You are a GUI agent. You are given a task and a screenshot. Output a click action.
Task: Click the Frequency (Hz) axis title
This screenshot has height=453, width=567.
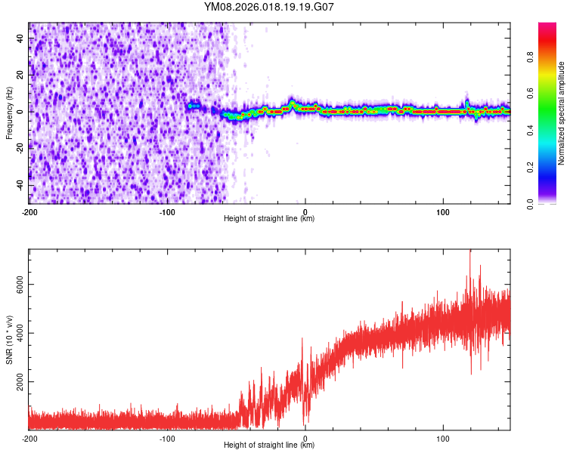(x=9, y=113)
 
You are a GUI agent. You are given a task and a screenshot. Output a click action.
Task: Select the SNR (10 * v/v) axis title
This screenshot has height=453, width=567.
(x=9, y=340)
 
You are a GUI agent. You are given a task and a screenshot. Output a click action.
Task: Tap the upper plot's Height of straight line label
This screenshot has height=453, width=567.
(x=269, y=219)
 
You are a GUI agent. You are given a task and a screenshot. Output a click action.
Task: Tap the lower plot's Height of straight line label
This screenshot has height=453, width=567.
(x=269, y=445)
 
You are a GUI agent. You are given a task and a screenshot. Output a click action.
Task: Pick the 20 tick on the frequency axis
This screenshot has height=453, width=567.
(x=20, y=75)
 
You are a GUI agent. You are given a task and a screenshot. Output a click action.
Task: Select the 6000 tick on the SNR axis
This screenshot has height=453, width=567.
(x=16, y=285)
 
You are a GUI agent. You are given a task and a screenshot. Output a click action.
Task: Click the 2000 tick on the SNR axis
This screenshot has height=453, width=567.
(x=16, y=383)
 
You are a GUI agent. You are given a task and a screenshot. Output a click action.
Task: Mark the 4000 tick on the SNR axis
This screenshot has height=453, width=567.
(x=16, y=334)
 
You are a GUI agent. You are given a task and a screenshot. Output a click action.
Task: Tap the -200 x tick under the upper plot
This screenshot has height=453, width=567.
(x=29, y=211)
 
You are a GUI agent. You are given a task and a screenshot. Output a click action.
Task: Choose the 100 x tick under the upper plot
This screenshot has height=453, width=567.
(x=443, y=211)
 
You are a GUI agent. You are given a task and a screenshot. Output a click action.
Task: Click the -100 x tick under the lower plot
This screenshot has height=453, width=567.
(x=167, y=437)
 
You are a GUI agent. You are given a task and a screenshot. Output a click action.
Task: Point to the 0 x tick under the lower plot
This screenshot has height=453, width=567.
(x=305, y=437)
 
